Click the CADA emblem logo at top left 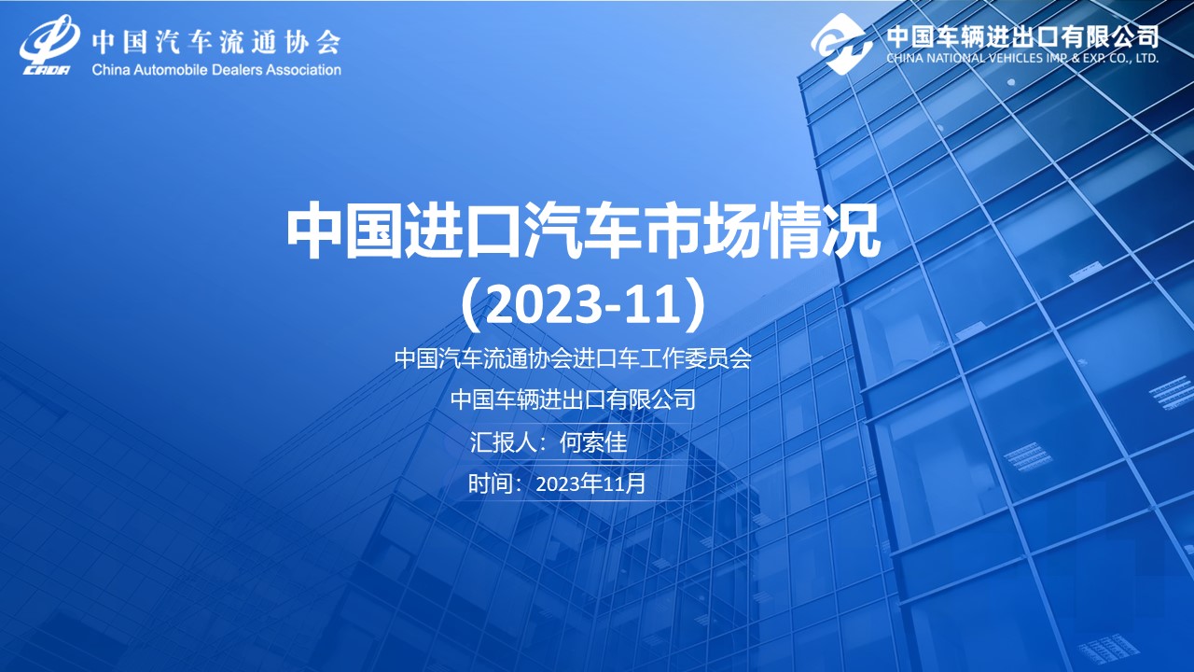tap(50, 46)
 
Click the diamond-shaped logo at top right tap(841, 44)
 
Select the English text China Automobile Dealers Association tap(216, 70)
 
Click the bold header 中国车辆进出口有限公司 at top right tap(1022, 36)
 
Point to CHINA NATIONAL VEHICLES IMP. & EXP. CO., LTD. tap(1022, 58)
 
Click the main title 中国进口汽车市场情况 tap(583, 233)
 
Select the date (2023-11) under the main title tap(583, 304)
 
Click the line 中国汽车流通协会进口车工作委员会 tap(573, 358)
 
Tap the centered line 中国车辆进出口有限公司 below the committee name tap(573, 399)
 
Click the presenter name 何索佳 tap(593, 442)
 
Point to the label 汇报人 tap(503, 442)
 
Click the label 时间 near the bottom tap(490, 483)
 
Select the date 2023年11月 tap(590, 484)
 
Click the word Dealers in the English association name tap(236, 70)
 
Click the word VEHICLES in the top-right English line tap(1019, 58)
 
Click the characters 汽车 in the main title tap(583, 233)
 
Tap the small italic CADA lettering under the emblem tap(47, 70)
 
